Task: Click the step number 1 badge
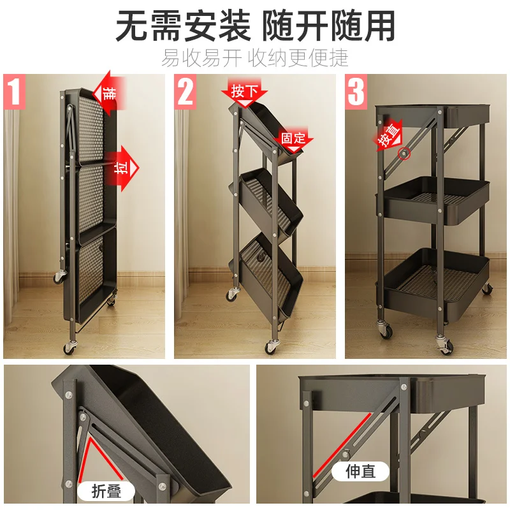pos(15,91)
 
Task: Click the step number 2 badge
pos(186,91)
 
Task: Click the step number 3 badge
pos(356,91)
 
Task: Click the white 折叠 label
pos(106,491)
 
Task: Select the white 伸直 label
pos(360,472)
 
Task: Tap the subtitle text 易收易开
pos(201,57)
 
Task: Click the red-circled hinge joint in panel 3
pos(403,153)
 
